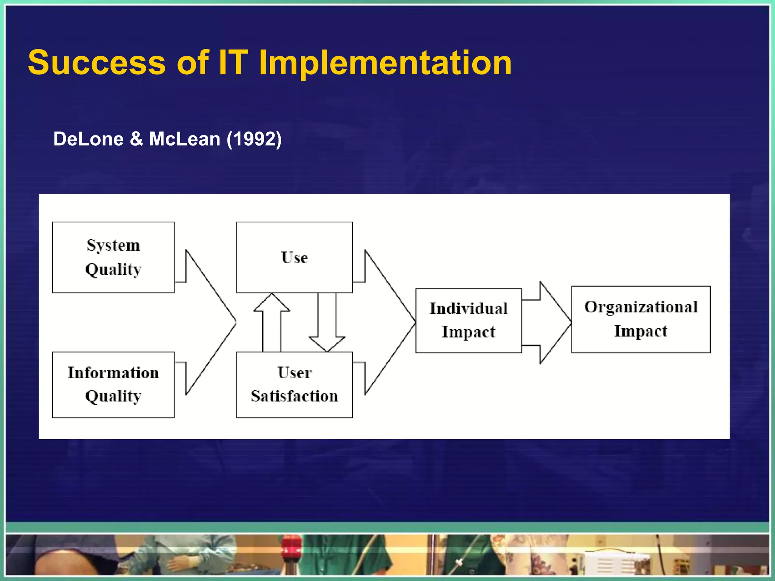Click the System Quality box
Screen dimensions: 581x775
tap(113, 257)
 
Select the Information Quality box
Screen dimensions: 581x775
tap(113, 385)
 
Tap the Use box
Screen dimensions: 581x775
tap(294, 257)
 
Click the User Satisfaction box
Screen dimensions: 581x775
tap(294, 385)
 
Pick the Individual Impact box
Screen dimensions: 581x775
tap(468, 320)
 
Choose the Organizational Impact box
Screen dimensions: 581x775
tap(641, 319)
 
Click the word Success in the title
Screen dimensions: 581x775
tap(97, 62)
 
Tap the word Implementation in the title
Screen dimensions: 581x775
tap(385, 62)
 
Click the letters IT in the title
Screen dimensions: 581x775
tap(233, 62)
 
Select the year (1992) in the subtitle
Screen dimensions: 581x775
tap(254, 139)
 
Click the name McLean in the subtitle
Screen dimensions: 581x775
tap(185, 139)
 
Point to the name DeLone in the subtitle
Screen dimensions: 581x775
tap(88, 139)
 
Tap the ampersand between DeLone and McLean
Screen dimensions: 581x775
tap(136, 139)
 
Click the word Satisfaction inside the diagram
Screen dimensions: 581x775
tap(294, 396)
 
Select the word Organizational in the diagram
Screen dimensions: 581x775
tap(641, 307)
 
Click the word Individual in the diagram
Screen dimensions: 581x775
tap(468, 309)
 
